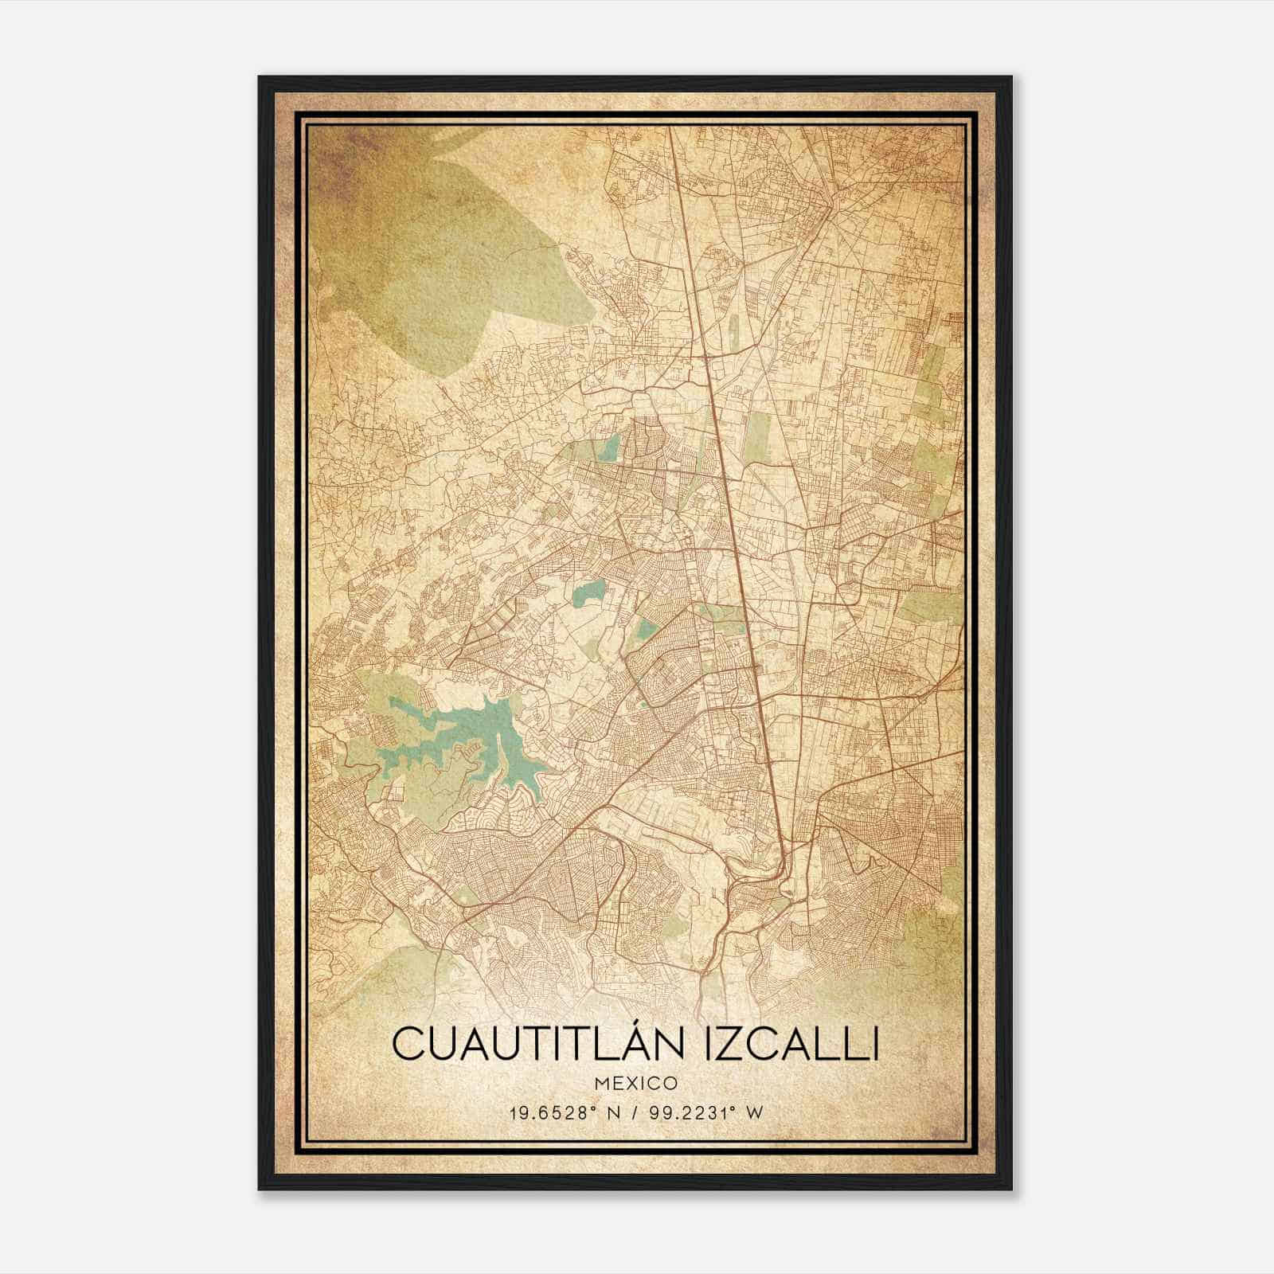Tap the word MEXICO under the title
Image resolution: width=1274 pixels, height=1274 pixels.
tap(637, 1083)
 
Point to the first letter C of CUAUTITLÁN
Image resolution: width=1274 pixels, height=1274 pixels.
tap(407, 1044)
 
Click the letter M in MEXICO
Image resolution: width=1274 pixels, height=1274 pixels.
tap(603, 1083)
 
